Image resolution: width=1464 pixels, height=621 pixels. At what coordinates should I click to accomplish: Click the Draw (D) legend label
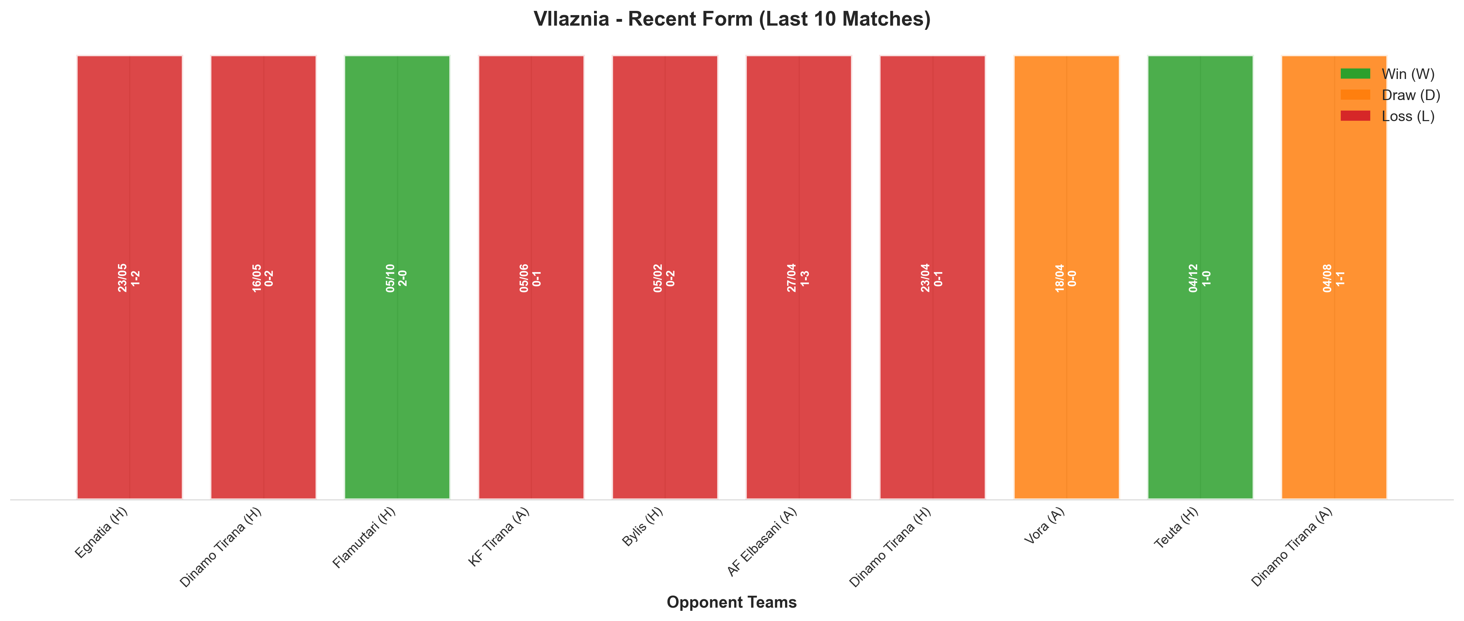click(x=1411, y=95)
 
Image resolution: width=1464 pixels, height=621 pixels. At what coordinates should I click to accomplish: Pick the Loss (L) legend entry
click(x=1387, y=116)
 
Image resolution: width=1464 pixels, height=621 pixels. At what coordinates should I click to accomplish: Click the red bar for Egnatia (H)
click(x=130, y=277)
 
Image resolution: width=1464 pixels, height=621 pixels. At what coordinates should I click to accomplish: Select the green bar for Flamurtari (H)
click(x=397, y=277)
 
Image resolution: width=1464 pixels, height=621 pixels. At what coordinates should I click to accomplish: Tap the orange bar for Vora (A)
click(x=1066, y=277)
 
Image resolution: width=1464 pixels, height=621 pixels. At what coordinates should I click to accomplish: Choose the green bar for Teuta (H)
click(x=1200, y=277)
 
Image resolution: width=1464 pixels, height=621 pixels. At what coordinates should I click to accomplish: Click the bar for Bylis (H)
click(x=665, y=277)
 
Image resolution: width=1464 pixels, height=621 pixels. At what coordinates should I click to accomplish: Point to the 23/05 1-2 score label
click(x=129, y=278)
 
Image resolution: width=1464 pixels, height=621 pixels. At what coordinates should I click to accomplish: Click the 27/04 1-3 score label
click(x=798, y=278)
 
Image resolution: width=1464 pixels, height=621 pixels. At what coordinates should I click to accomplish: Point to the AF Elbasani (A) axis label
click(x=762, y=541)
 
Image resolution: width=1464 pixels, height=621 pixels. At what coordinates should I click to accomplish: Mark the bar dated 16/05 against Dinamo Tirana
click(x=263, y=277)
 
